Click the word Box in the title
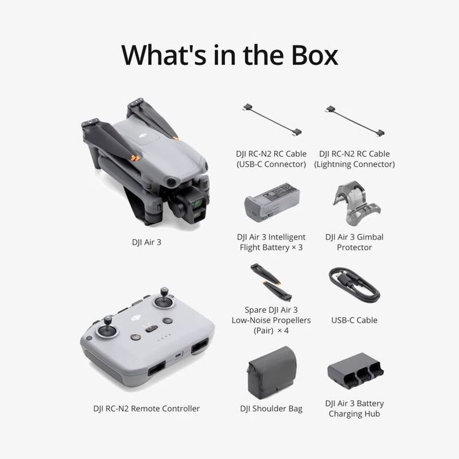(x=307, y=54)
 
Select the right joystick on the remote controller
(x=164, y=301)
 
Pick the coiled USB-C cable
(x=354, y=285)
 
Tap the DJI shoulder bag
(x=271, y=372)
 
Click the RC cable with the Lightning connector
(x=354, y=119)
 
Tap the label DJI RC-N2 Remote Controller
(x=146, y=409)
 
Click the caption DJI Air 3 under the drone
(x=146, y=242)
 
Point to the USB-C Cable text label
(x=354, y=320)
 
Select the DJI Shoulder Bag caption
(x=271, y=409)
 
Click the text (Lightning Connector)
(x=354, y=164)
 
